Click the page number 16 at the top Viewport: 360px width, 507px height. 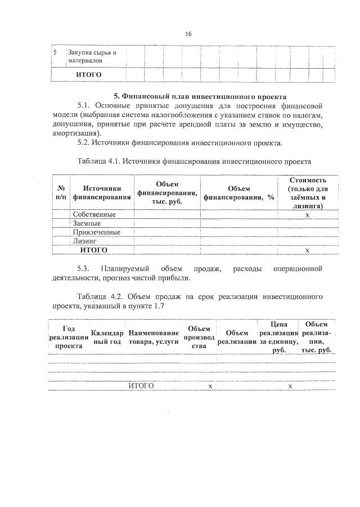point(188,34)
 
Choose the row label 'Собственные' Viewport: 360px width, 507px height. point(94,214)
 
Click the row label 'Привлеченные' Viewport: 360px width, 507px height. point(97,232)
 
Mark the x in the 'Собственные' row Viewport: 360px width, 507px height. point(307,215)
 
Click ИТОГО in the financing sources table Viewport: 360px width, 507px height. point(94,249)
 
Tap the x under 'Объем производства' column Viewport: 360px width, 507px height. point(210,386)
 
